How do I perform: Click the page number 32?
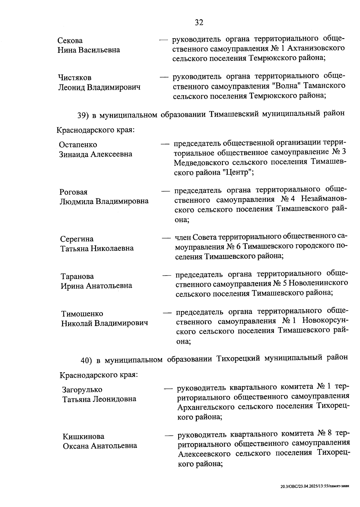(199, 23)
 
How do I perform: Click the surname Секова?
(70, 41)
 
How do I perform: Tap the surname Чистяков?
(74, 78)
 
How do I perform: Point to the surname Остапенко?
(78, 145)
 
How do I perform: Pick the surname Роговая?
(73, 192)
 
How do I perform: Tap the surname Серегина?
(77, 239)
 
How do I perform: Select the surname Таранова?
(77, 276)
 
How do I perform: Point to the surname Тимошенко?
(82, 314)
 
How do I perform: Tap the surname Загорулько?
(82, 390)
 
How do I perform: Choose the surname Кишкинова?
(83, 436)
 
